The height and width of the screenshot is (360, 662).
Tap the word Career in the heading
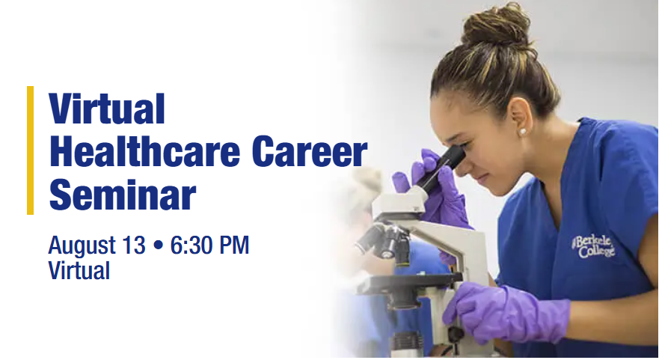click(310, 152)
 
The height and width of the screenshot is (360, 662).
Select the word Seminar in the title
click(123, 195)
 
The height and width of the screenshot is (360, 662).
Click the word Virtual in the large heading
click(107, 109)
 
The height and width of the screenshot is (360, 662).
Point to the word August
click(82, 246)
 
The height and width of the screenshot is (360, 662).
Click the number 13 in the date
click(134, 245)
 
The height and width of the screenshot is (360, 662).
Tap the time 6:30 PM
click(209, 245)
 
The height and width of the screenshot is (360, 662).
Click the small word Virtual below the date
click(79, 270)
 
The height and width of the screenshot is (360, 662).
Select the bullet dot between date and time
click(158, 245)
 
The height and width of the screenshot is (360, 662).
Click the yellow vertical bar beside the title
click(30, 150)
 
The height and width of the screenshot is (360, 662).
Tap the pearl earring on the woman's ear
click(522, 132)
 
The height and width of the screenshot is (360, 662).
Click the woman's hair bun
click(495, 25)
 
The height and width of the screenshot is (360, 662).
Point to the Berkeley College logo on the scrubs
click(594, 246)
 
